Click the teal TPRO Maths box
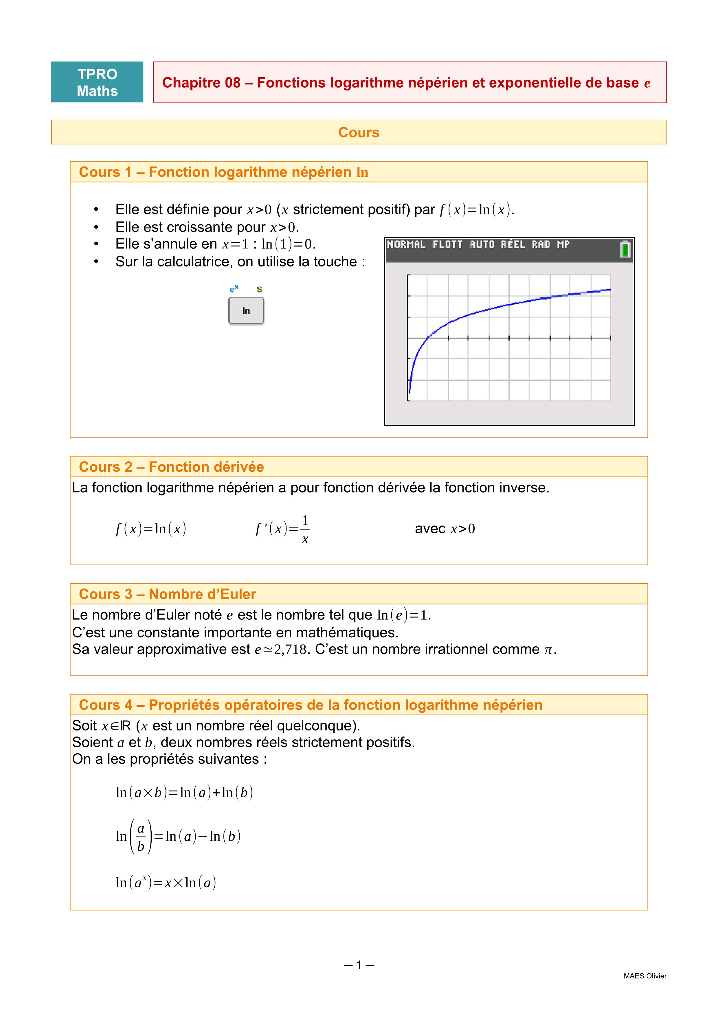click(97, 82)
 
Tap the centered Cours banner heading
click(359, 132)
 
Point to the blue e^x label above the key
click(234, 289)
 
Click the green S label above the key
click(260, 289)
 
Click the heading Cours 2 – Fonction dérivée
click(171, 467)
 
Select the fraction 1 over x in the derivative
click(305, 529)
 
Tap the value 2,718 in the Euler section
click(290, 650)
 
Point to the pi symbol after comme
click(548, 650)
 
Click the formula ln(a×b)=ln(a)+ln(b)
click(184, 793)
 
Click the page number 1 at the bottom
click(359, 965)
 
